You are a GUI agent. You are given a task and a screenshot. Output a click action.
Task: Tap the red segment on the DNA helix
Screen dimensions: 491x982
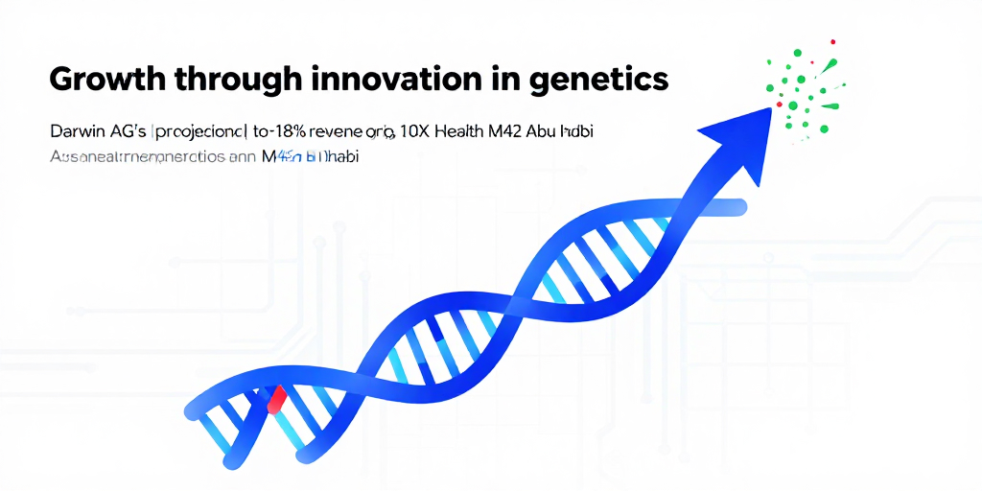pyautogui.click(x=276, y=398)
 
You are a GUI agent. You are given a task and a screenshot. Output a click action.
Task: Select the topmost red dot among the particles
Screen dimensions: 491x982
pyautogui.click(x=832, y=42)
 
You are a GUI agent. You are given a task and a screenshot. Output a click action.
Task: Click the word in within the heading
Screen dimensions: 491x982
pyautogui.click(x=494, y=79)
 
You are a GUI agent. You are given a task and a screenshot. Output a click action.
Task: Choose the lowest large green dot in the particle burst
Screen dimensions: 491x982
pyautogui.click(x=824, y=129)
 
